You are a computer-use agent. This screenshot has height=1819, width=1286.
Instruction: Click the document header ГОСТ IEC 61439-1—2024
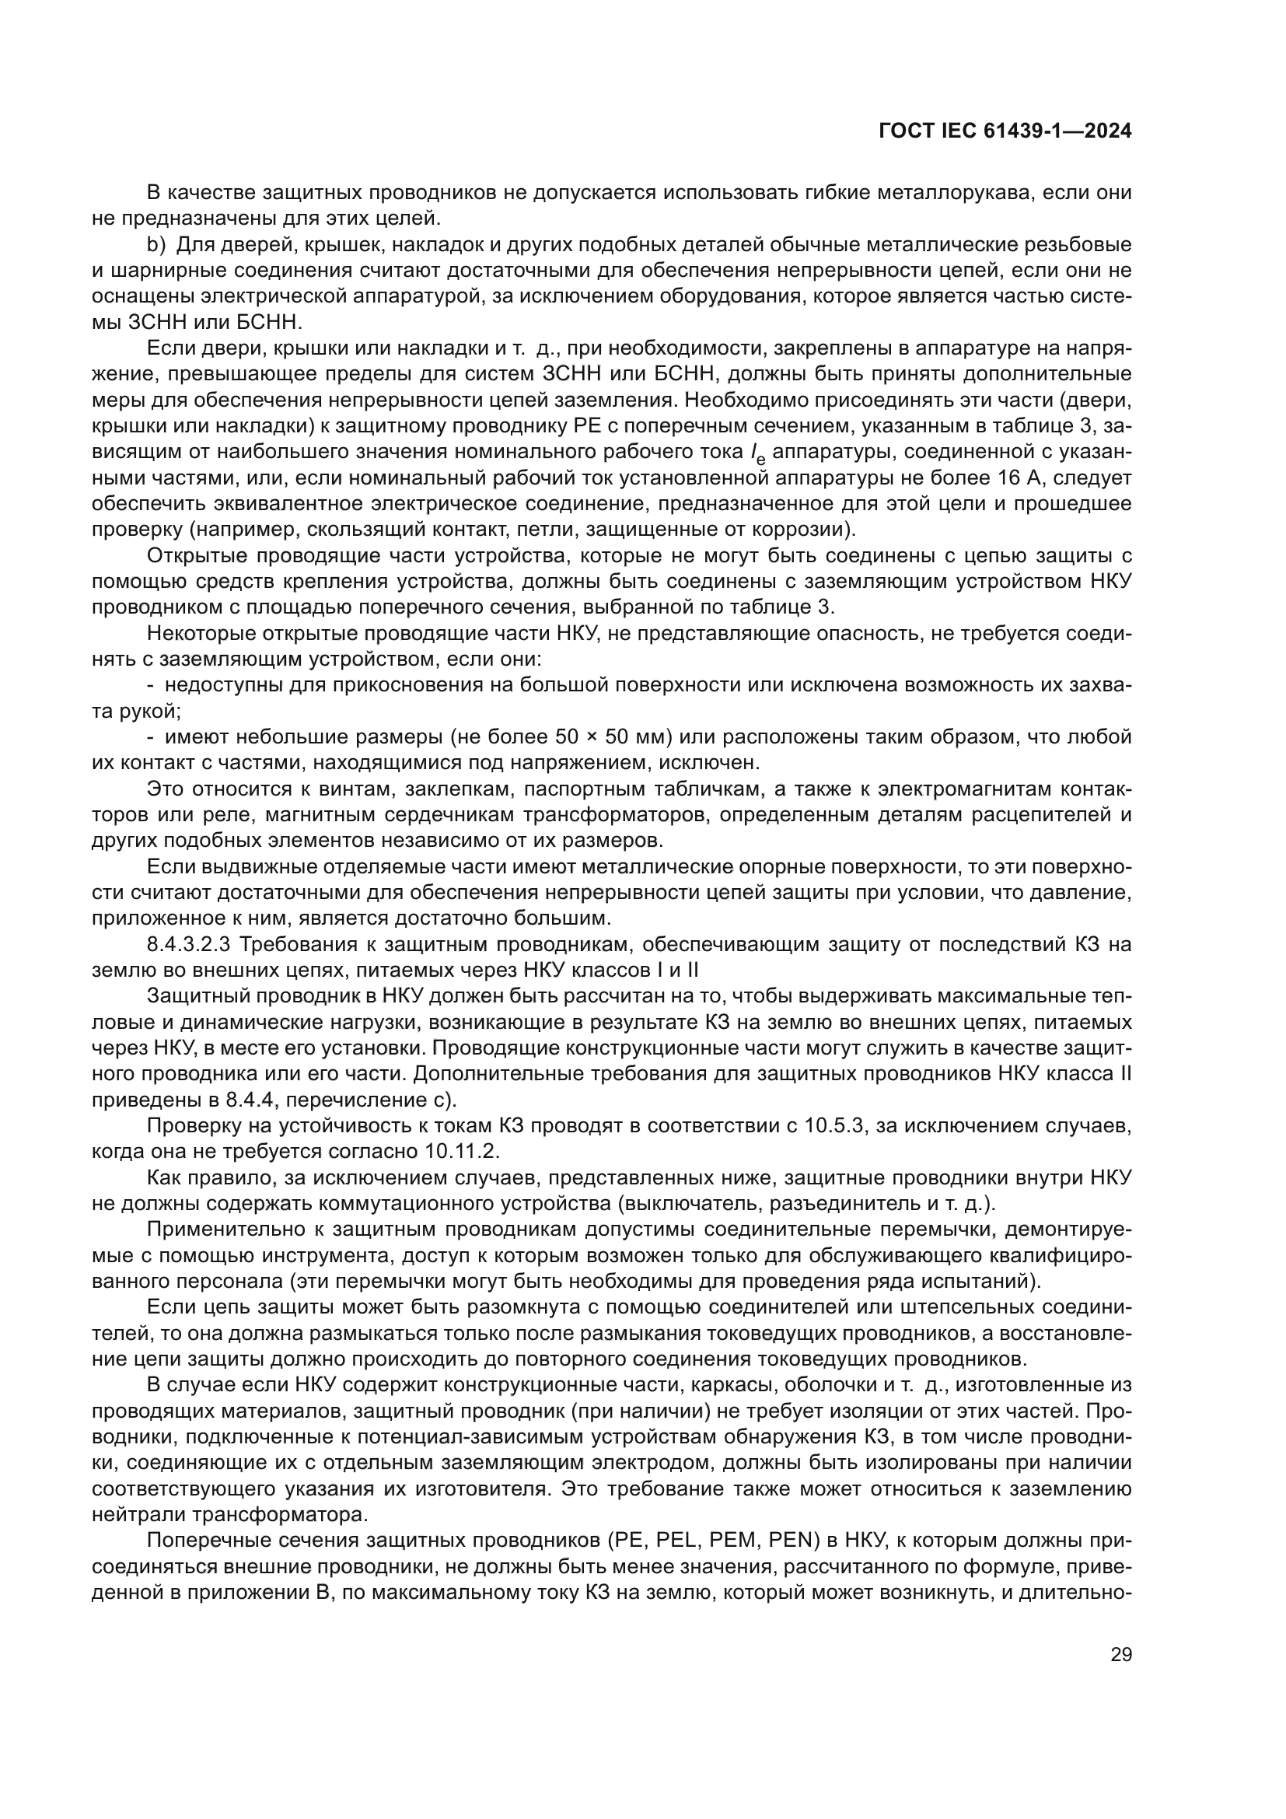coord(1004,131)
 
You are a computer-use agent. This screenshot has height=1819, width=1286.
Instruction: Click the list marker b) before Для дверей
coord(156,245)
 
